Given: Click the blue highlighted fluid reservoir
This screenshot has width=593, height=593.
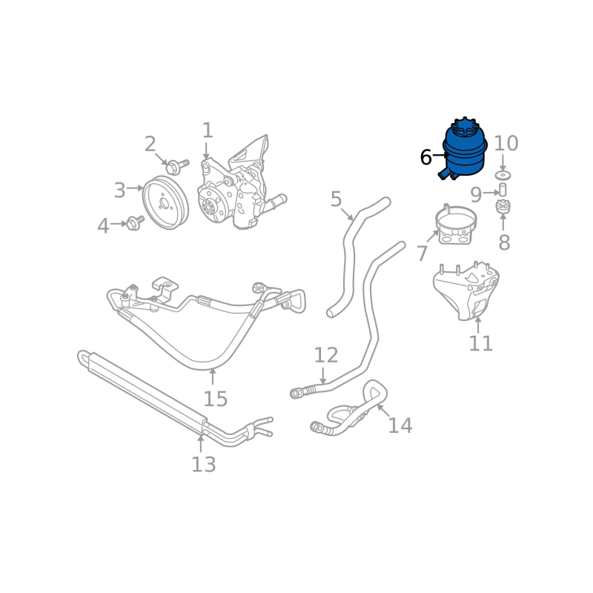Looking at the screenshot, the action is tap(465, 151).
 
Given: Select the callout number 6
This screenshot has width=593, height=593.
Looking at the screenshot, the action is tap(425, 157).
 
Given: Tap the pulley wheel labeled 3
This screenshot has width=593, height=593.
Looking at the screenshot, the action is tap(165, 202).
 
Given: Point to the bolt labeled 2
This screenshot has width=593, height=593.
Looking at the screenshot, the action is tap(176, 166).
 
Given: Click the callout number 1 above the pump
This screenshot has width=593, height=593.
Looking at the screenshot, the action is tap(208, 130).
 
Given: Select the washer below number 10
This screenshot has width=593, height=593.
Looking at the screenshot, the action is tap(503, 176).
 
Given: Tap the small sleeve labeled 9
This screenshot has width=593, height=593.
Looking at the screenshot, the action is tap(503, 190).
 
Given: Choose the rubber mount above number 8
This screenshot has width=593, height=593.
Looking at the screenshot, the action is tap(503, 207).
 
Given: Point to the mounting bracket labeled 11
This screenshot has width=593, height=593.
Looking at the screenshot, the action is tap(467, 291).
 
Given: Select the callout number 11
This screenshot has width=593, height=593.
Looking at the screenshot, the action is tap(480, 343).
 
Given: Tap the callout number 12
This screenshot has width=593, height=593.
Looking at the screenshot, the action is tap(326, 356).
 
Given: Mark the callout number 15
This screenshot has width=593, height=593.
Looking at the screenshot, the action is tap(216, 399).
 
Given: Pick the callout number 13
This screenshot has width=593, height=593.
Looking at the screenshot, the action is tap(203, 465).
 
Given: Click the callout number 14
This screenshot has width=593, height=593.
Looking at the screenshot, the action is tap(400, 425).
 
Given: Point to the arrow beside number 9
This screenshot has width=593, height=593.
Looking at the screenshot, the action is tap(491, 193).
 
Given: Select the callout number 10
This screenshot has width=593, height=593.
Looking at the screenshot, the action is tap(506, 143).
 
